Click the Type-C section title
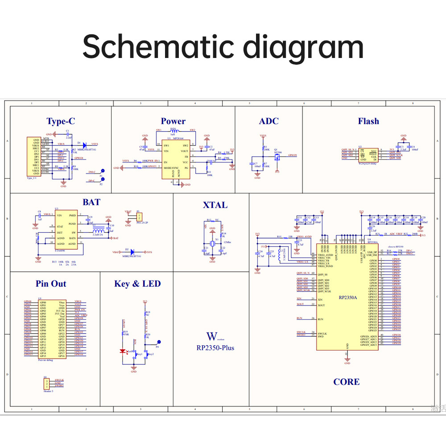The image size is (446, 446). tap(61, 121)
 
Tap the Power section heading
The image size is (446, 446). tap(173, 121)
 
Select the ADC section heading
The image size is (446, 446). tap(268, 121)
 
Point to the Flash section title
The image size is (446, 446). tap(368, 121)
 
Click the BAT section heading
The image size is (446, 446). tap(91, 202)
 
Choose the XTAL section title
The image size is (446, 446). tap(215, 205)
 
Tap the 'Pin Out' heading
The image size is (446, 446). tap(51, 284)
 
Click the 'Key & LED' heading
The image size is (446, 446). tap(137, 284)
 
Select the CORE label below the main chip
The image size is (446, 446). tap(346, 382)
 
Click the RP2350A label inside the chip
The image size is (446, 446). tap(347, 297)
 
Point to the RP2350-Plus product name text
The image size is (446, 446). tap(215, 347)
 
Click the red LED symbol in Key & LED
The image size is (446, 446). tap(123, 351)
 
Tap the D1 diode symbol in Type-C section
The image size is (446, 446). tap(85, 144)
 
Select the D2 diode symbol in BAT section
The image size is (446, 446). tap(132, 252)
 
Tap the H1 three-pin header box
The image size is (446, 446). tap(46, 383)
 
